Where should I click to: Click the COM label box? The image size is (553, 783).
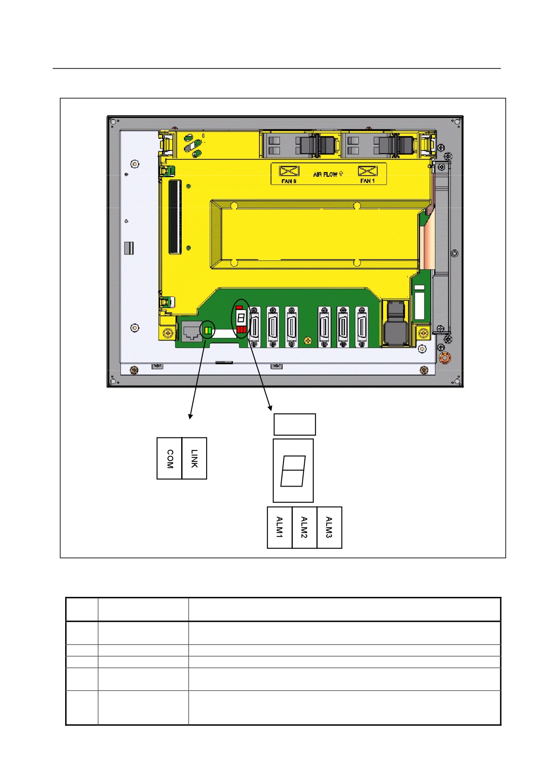coord(170,458)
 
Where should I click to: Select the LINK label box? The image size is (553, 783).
coord(194,458)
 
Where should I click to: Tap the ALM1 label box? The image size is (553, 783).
coord(280,527)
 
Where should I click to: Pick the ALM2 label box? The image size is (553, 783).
coord(304,527)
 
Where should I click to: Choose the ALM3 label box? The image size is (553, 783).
coord(329,527)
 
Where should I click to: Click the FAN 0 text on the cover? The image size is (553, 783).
coord(289,181)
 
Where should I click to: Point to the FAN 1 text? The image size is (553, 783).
coord(367,181)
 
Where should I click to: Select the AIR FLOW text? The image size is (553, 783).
coord(328,174)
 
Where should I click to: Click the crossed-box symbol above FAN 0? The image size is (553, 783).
coord(289,171)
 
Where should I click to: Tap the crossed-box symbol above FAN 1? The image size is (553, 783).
coord(368,171)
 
